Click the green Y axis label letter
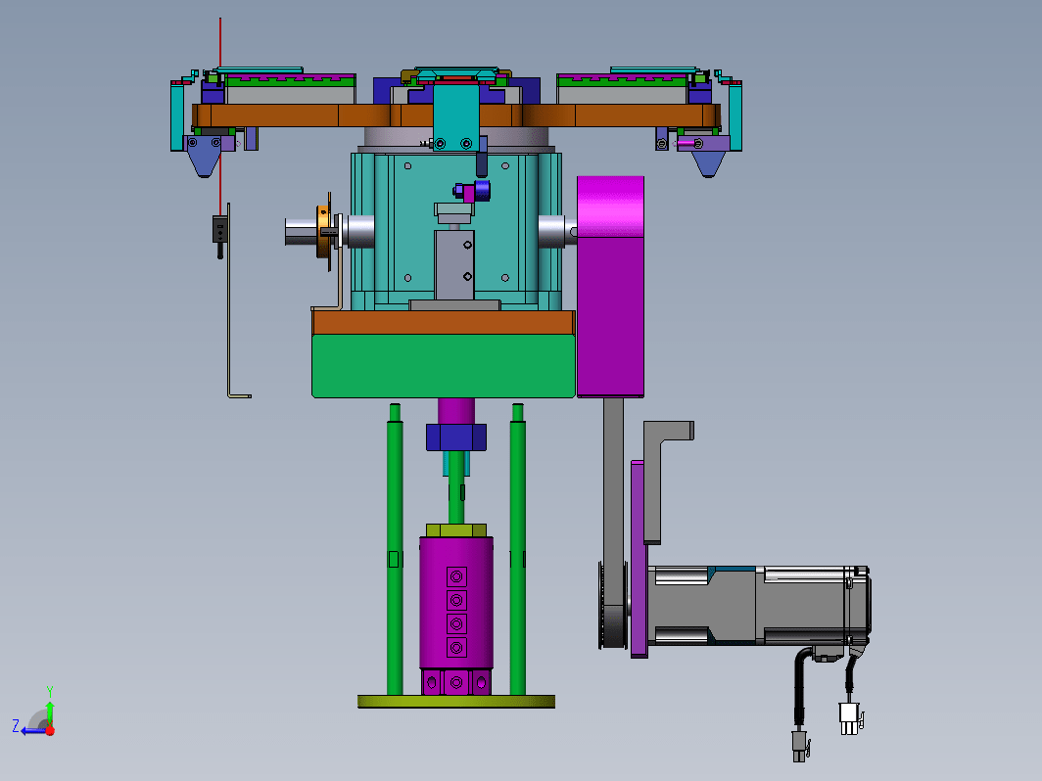(x=50, y=692)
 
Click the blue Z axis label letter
(x=16, y=726)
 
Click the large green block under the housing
(x=444, y=366)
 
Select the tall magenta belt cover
(x=610, y=286)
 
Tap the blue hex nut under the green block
(x=456, y=437)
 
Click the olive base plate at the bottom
(x=456, y=702)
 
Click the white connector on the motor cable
(x=849, y=718)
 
